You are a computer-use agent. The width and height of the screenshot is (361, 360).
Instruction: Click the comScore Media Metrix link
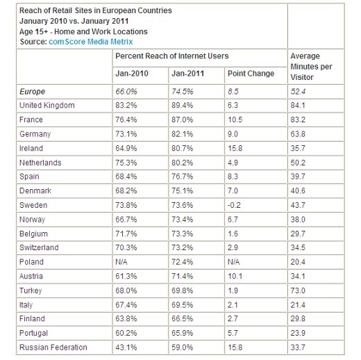[91, 42]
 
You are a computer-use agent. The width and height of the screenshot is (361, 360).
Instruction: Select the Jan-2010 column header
[132, 74]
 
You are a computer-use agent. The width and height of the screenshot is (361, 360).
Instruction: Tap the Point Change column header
[251, 74]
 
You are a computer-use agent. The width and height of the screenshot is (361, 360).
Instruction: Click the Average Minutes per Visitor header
[311, 67]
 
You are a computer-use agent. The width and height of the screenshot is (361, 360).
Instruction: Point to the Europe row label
[32, 92]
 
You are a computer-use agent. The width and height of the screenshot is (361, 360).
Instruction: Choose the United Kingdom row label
[47, 106]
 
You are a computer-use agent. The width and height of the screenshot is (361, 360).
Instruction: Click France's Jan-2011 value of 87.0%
[182, 120]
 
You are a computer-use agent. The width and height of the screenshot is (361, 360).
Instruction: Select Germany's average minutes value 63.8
[298, 134]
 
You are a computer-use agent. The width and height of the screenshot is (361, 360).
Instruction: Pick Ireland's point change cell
[235, 148]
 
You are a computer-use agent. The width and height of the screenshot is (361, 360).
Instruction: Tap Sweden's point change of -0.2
[234, 205]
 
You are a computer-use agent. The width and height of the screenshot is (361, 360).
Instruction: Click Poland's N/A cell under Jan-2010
[121, 262]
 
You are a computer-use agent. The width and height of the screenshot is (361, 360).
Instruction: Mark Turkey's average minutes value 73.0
[298, 291]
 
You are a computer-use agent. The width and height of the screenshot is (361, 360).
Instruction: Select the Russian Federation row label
[53, 347]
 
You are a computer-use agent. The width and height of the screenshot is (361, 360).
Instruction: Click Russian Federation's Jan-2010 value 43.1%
[126, 347]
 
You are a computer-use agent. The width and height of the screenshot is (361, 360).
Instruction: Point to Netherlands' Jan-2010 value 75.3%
[126, 163]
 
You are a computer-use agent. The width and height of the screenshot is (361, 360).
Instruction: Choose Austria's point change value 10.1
[235, 276]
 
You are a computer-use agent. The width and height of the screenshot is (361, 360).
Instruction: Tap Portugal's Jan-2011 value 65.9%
[182, 333]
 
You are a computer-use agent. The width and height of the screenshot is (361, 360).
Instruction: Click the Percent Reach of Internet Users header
[172, 56]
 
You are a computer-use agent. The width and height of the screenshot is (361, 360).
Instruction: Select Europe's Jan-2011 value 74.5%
[182, 92]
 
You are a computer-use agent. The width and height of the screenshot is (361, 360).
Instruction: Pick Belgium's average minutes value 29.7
[298, 234]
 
